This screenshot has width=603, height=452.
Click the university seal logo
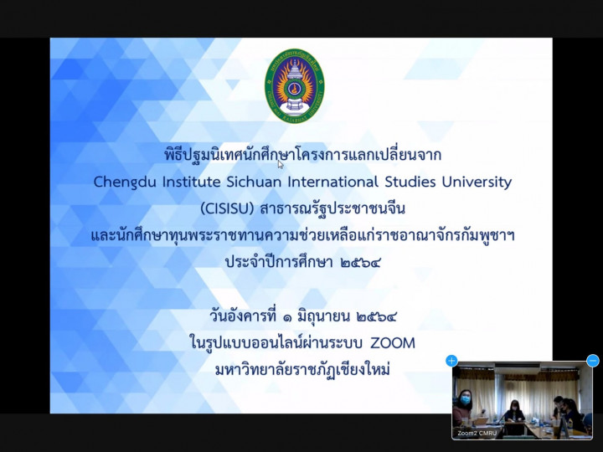pyautogui.click(x=295, y=85)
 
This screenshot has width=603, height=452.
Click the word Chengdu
pyautogui.click(x=125, y=182)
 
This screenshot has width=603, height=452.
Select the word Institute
pyautogui.click(x=191, y=182)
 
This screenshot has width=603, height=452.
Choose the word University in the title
pyautogui.click(x=477, y=182)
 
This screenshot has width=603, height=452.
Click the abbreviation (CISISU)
pyautogui.click(x=227, y=208)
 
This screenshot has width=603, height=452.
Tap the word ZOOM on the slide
pyautogui.click(x=393, y=343)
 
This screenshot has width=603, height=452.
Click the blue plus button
pyautogui.click(x=451, y=361)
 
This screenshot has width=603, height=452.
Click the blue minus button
pyautogui.click(x=593, y=361)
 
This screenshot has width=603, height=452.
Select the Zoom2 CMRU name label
pyautogui.click(x=477, y=434)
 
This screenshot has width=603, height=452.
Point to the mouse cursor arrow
pyautogui.click(x=281, y=164)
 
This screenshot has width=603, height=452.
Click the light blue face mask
pyautogui.click(x=466, y=400)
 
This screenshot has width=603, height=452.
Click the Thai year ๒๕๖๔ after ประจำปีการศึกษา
pyautogui.click(x=360, y=263)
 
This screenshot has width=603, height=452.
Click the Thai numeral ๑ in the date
pyautogui.click(x=286, y=317)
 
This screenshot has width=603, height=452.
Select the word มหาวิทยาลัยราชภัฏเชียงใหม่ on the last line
pyautogui.click(x=302, y=370)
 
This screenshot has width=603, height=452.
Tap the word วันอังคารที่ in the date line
pyautogui.click(x=243, y=316)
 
